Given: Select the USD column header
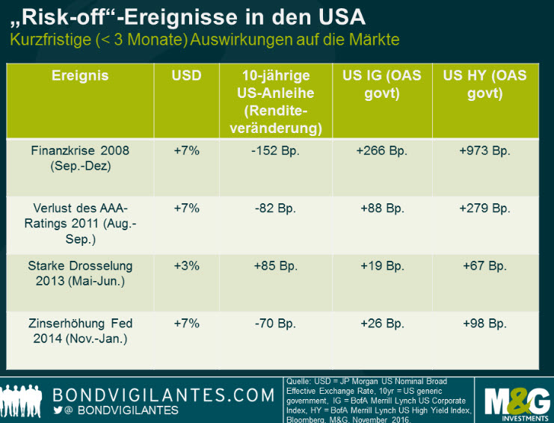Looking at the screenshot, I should pyautogui.click(x=186, y=75).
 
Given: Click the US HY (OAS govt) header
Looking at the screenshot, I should pyautogui.click(x=484, y=84).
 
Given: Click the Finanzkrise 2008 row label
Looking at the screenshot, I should pyautogui.click(x=79, y=158).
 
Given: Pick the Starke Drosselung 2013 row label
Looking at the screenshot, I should pyautogui.click(x=79, y=274).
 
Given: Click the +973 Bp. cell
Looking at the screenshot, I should pyautogui.click(x=484, y=151).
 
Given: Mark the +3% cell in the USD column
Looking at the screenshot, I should pyautogui.click(x=186, y=266).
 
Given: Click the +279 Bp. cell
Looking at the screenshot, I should pyautogui.click(x=484, y=209).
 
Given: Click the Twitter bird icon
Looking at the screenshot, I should pyautogui.click(x=59, y=410).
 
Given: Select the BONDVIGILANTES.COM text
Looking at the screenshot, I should pyautogui.click(x=163, y=394).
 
